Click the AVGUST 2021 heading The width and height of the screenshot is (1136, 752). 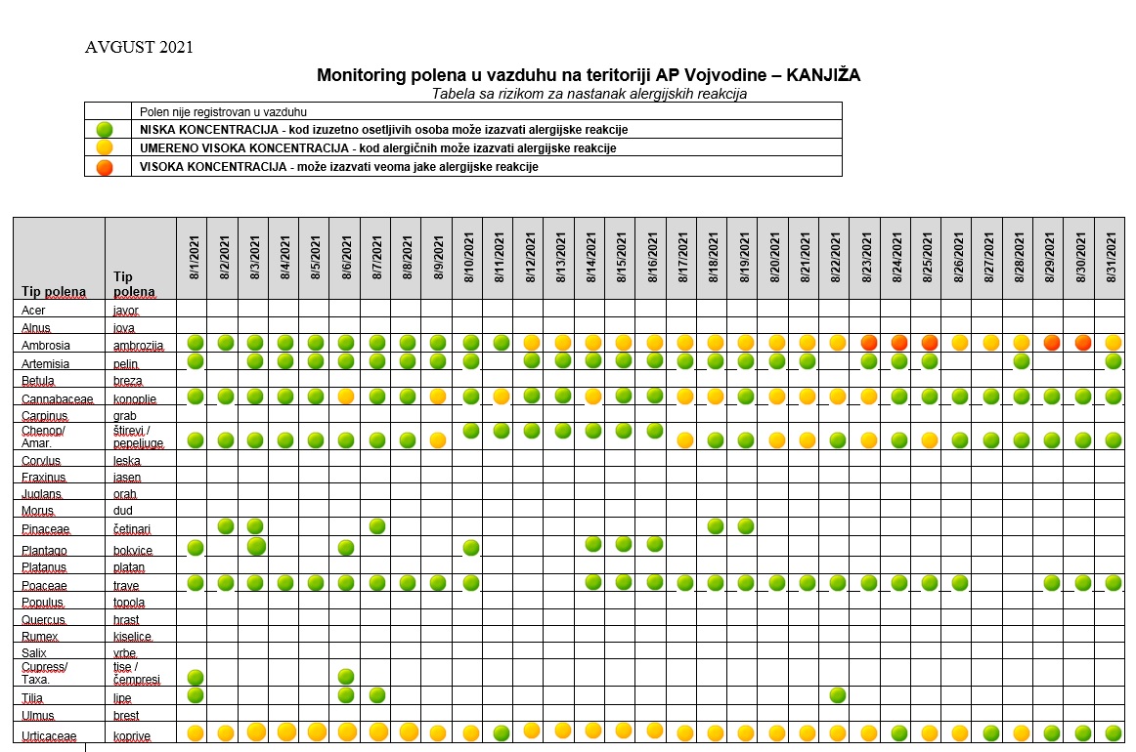click(139, 47)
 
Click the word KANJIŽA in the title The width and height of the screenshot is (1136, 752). click(823, 74)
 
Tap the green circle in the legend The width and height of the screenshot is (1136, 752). click(105, 130)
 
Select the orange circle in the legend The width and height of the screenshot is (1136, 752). click(105, 167)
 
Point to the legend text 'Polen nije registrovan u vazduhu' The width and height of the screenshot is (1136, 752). click(223, 112)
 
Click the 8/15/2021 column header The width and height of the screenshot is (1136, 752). click(622, 257)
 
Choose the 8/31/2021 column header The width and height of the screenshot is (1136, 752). click(1111, 257)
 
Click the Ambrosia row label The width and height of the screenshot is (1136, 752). click(46, 346)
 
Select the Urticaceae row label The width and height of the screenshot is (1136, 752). click(49, 736)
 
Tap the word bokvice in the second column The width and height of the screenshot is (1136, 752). click(133, 550)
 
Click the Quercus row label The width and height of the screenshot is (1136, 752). click(43, 619)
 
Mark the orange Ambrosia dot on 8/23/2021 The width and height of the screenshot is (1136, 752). click(869, 343)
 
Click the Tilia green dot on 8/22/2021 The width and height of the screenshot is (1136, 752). click(838, 695)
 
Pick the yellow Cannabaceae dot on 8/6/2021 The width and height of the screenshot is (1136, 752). click(346, 396)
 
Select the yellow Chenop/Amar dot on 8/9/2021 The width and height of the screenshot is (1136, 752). click(438, 440)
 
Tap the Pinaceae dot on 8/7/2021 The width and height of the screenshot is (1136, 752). click(376, 526)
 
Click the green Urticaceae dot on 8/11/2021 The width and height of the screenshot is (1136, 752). click(501, 733)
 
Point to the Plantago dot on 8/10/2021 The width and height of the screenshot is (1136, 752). click(471, 547)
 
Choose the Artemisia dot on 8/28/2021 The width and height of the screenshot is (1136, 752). click(1022, 360)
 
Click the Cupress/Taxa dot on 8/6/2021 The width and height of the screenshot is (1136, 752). click(346, 676)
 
